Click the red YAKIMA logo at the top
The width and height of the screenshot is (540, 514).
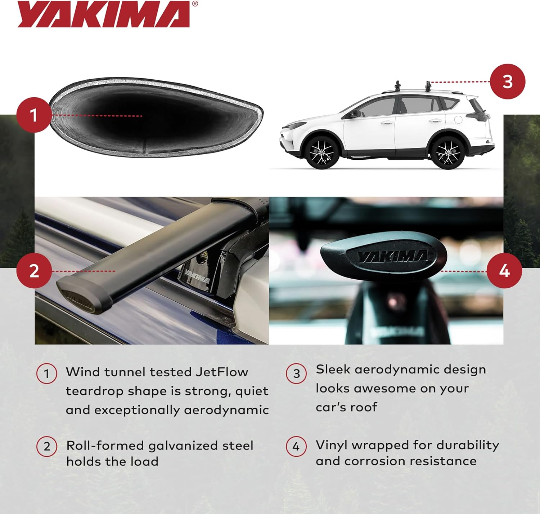(x=104, y=14)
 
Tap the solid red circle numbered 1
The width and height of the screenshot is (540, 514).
(x=34, y=115)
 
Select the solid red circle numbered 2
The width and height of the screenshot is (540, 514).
(x=34, y=271)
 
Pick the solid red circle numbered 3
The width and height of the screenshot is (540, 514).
(x=508, y=81)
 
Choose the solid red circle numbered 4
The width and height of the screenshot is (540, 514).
(x=504, y=271)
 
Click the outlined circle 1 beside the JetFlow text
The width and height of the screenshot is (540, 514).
(x=47, y=374)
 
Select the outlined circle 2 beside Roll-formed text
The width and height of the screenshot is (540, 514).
(x=47, y=447)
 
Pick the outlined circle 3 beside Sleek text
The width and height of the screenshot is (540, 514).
(x=296, y=373)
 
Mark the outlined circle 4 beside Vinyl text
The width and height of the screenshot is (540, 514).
(x=296, y=447)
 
